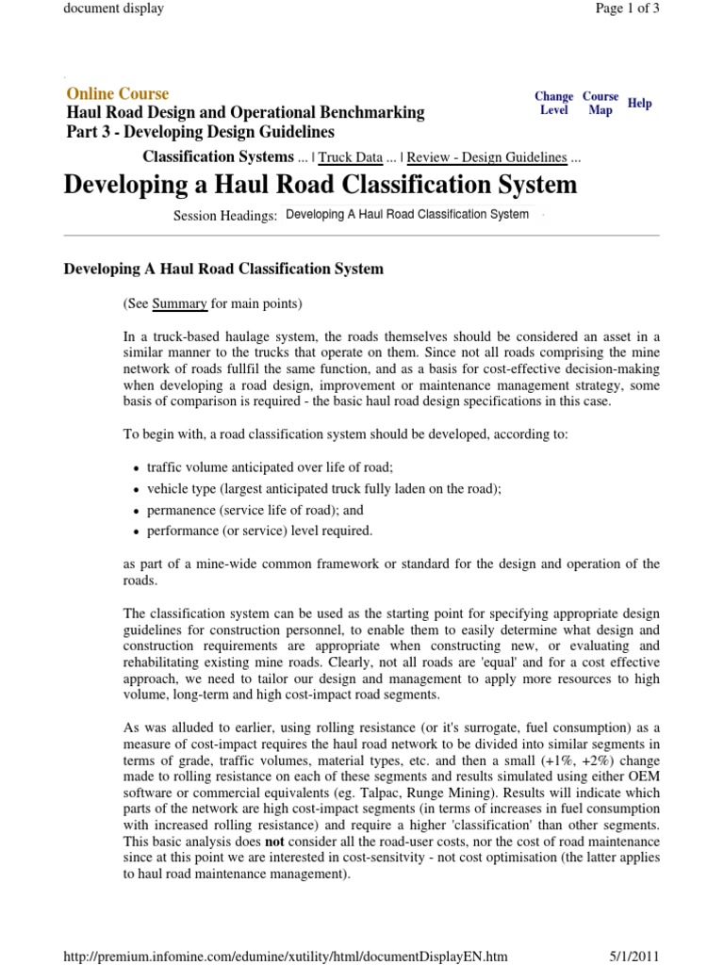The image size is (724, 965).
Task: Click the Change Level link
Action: (x=553, y=103)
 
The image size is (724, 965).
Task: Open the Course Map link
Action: (x=601, y=103)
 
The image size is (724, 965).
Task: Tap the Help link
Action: (x=639, y=103)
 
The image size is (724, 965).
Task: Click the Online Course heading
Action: (x=118, y=93)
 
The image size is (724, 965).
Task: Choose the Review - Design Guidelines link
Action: (x=486, y=157)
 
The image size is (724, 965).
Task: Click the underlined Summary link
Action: (x=179, y=303)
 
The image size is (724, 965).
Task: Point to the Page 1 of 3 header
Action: (x=628, y=8)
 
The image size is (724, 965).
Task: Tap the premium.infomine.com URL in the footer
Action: (x=272, y=956)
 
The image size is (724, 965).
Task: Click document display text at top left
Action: (x=113, y=8)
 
